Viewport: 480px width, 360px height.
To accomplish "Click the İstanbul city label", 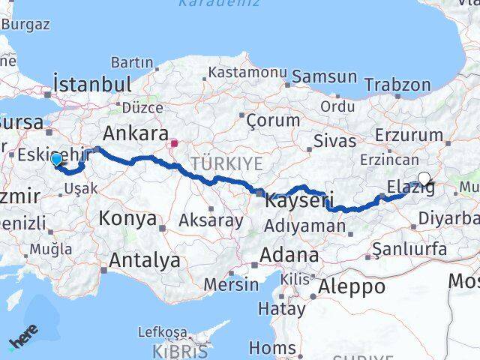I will pyautogui.click(x=92, y=82).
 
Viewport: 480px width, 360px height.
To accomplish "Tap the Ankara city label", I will pyautogui.click(x=135, y=133).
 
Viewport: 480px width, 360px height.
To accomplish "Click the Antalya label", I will pyautogui.click(x=145, y=260).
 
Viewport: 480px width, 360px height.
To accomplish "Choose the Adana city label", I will pyautogui.click(x=289, y=255).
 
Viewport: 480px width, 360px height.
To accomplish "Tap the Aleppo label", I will pyautogui.click(x=352, y=286).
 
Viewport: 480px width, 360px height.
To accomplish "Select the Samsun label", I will pyautogui.click(x=324, y=76).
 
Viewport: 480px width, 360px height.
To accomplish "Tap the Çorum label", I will pyautogui.click(x=268, y=120).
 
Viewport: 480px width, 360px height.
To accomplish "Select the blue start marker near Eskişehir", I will pyautogui.click(x=56, y=159).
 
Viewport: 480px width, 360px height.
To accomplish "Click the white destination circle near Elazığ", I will pyautogui.click(x=424, y=178).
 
